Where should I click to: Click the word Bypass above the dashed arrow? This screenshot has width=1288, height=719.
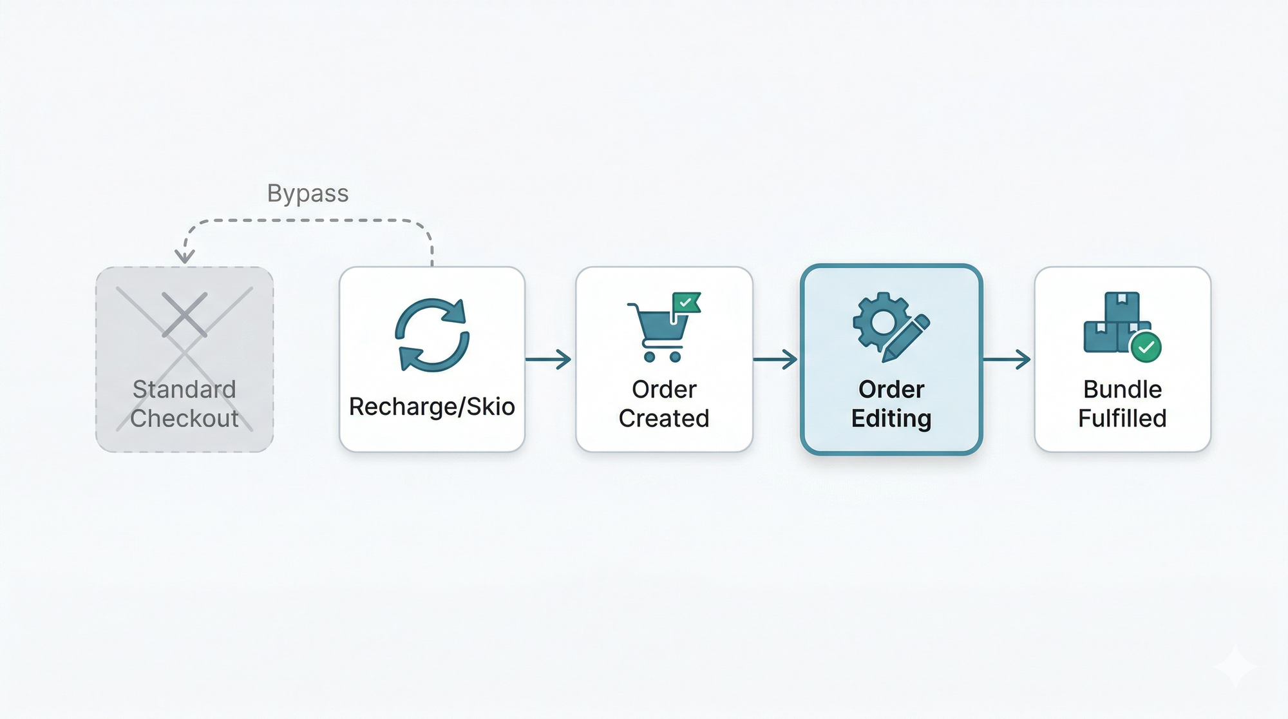coord(308,193)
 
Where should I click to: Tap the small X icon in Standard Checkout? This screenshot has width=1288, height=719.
coord(185,314)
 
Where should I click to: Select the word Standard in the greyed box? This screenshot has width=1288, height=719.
coord(184,389)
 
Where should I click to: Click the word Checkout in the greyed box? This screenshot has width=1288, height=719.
coord(184,418)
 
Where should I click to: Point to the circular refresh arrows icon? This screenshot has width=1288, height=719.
coord(432,334)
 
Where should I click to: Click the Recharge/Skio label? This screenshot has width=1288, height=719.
coord(431,407)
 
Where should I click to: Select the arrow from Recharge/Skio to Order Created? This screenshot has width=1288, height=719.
coord(549,359)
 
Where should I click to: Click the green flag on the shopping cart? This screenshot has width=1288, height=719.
coord(685,302)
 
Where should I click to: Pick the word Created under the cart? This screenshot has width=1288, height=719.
coord(664,418)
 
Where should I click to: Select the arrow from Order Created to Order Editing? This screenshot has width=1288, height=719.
coord(776,359)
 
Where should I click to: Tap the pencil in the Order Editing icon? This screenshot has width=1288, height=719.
coord(907,337)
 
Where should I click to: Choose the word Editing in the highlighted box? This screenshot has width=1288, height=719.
coord(891,418)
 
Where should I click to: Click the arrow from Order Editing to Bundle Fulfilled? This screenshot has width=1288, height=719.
coord(1007,359)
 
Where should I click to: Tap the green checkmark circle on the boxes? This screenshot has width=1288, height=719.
coord(1146,347)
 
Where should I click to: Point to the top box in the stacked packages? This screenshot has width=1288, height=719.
coord(1122,307)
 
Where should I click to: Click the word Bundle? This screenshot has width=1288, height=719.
coord(1122,389)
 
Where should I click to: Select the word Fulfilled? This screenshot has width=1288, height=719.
coord(1122,418)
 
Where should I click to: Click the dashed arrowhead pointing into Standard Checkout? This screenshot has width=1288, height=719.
coord(184,256)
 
